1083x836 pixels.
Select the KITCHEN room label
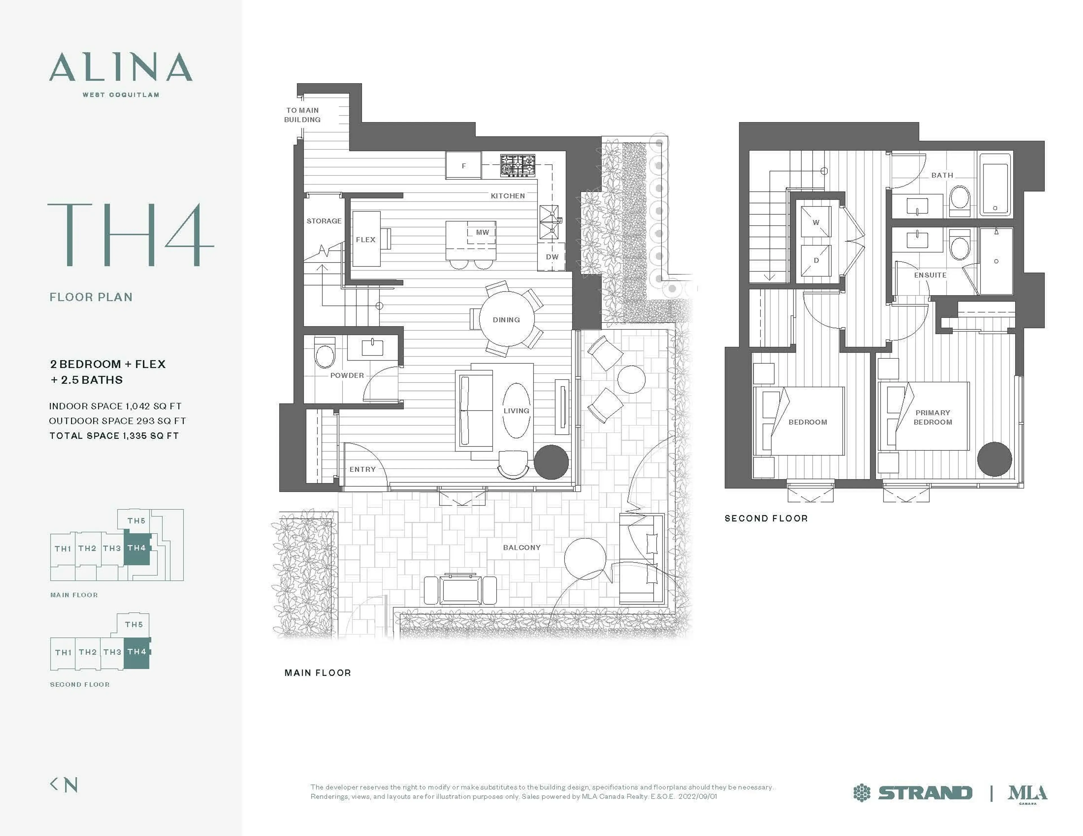507,196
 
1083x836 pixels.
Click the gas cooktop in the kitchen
518,165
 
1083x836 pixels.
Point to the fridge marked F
463,165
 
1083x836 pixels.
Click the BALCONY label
521,547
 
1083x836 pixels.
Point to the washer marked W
816,223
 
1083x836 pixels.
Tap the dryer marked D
816,260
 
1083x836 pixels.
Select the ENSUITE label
930,275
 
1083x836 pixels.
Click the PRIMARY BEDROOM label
932,417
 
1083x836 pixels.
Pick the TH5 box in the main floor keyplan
136,521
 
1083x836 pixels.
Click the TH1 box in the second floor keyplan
63,652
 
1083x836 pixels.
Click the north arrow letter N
71,784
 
